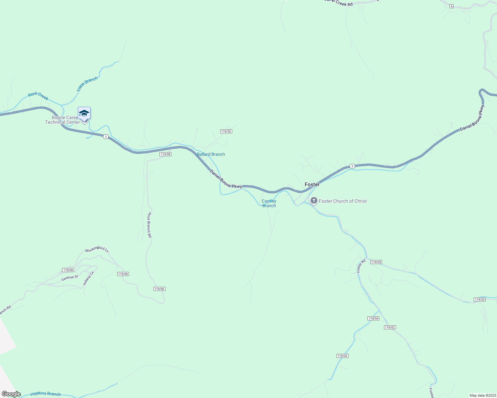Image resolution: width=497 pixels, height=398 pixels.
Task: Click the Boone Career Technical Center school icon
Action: click(x=84, y=113)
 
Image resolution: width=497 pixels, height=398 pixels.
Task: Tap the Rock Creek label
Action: click(x=38, y=96)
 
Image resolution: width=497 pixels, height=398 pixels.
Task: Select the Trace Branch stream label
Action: click(x=87, y=84)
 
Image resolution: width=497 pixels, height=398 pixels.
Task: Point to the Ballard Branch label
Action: click(x=211, y=154)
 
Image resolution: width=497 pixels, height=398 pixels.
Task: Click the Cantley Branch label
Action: click(x=269, y=203)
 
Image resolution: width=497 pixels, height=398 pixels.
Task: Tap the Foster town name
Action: click(x=312, y=184)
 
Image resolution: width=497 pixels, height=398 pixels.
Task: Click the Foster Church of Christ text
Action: click(x=343, y=201)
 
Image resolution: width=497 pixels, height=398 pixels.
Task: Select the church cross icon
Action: click(x=314, y=200)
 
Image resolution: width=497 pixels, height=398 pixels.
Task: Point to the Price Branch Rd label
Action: click(x=150, y=225)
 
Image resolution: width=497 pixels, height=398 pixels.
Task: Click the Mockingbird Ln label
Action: click(x=97, y=249)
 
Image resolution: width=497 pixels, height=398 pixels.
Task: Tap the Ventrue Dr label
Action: click(x=70, y=278)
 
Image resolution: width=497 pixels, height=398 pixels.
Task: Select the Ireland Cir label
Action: click(x=89, y=278)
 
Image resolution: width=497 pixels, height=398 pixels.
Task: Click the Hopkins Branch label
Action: click(x=46, y=394)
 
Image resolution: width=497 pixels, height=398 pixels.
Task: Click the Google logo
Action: click(x=11, y=394)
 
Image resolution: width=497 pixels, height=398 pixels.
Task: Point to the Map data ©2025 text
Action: click(x=482, y=395)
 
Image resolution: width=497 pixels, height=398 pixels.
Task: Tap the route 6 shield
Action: click(x=451, y=6)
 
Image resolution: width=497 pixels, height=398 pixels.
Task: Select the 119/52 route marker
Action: click(x=226, y=131)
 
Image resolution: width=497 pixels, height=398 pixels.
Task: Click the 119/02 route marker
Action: click(x=390, y=327)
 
